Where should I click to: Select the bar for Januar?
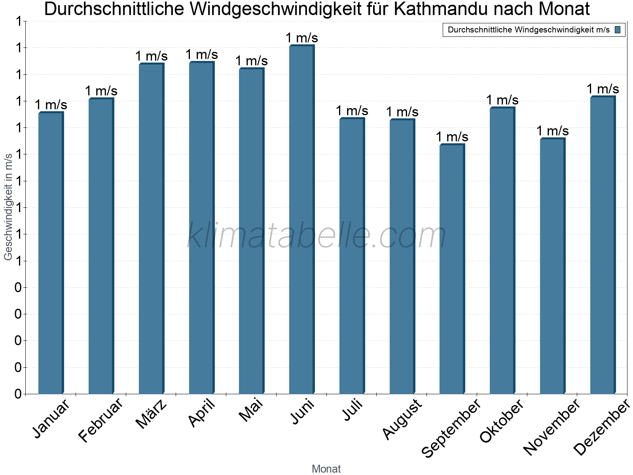51,253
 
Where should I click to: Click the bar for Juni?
301,220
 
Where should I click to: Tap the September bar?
452,269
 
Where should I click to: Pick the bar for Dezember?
603,245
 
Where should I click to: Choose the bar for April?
201,228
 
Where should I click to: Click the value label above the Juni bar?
302,38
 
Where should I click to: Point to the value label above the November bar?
553,131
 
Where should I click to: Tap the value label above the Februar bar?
101,91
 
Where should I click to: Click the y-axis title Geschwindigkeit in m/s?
8,207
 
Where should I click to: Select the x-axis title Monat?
326,469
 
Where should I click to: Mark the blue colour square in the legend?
618,30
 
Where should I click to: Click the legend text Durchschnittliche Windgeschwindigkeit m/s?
529,30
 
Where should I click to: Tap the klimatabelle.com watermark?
316,236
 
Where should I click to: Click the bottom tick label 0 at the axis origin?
18,394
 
